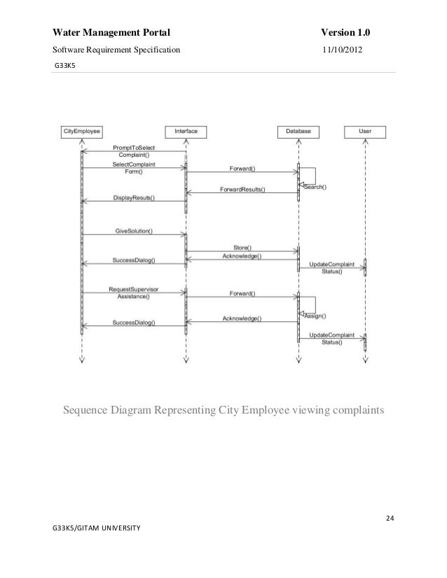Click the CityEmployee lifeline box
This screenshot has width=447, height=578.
[x=82, y=131]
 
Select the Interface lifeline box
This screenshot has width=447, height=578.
[x=186, y=131]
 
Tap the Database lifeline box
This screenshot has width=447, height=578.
[x=298, y=131]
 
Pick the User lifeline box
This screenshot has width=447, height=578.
[x=365, y=131]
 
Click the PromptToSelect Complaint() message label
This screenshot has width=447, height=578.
[x=135, y=151]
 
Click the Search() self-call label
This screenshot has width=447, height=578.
[x=315, y=187]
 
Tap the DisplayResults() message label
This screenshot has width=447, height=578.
[x=134, y=198]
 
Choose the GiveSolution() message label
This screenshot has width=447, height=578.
[x=134, y=231]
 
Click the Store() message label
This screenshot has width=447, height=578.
[x=242, y=247]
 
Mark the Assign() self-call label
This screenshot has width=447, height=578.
[x=315, y=316]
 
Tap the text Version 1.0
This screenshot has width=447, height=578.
[x=345, y=33]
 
